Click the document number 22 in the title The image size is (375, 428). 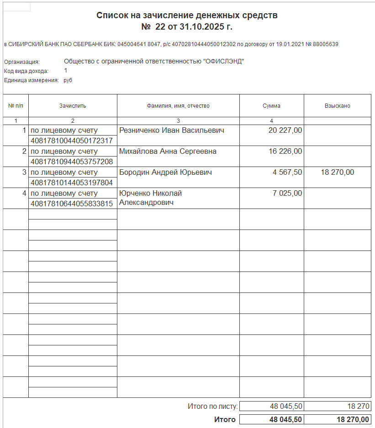click(160, 27)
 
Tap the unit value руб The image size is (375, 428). click(68, 80)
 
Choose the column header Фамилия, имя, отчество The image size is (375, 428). click(178, 106)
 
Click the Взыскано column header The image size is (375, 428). click(337, 106)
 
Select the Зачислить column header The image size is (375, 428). click(73, 106)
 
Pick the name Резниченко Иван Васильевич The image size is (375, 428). click(172, 130)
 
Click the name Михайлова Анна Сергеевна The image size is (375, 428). click(168, 151)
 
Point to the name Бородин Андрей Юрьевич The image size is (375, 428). click(165, 172)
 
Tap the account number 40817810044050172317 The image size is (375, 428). click(71, 141)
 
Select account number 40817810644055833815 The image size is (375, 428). click(71, 204)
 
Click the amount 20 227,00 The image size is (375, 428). click(285, 130)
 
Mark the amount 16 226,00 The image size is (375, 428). click(285, 151)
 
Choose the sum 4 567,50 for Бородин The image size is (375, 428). click(287, 172)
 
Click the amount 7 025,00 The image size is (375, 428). click(287, 193)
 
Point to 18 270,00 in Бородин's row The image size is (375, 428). click(337, 172)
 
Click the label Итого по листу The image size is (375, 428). click(212, 406)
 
